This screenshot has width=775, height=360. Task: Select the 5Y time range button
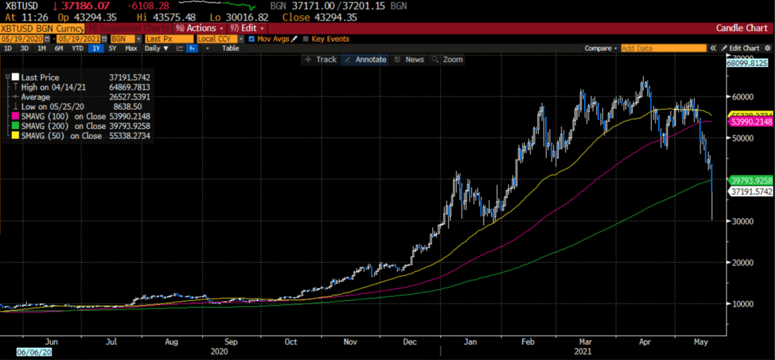click(111, 49)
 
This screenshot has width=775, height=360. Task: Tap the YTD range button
click(77, 49)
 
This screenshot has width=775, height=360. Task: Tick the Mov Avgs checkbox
click(252, 39)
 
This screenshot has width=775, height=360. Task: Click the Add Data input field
click(663, 49)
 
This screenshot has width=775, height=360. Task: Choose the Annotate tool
click(365, 60)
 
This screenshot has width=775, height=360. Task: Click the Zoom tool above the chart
click(448, 60)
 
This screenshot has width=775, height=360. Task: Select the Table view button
click(230, 49)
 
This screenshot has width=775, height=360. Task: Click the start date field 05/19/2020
click(21, 39)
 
